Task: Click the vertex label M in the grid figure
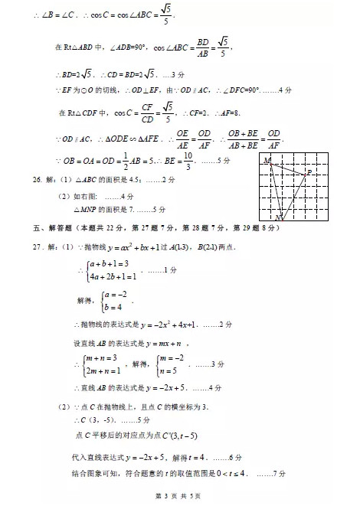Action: (x=267, y=162)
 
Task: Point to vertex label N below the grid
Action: (x=280, y=220)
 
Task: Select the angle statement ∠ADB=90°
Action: (x=131, y=47)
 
